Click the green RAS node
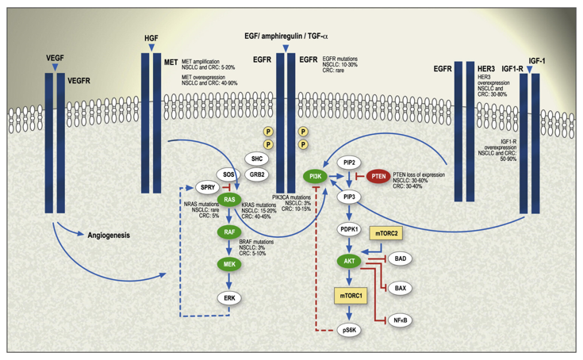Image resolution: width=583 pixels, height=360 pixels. pyautogui.click(x=228, y=200)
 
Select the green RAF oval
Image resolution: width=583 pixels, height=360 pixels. pyautogui.click(x=228, y=232)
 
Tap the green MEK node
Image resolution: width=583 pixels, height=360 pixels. pyautogui.click(x=228, y=265)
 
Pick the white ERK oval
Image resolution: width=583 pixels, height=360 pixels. pyautogui.click(x=228, y=298)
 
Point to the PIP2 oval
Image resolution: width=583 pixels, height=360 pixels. pyautogui.click(x=350, y=163)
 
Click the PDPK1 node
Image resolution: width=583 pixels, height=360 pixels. pyautogui.click(x=350, y=230)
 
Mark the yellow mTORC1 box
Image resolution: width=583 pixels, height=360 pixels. pyautogui.click(x=350, y=295)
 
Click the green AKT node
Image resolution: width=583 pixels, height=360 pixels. pyautogui.click(x=350, y=261)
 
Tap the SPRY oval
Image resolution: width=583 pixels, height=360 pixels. pyautogui.click(x=207, y=187)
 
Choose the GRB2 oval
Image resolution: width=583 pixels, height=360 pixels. pyautogui.click(x=256, y=174)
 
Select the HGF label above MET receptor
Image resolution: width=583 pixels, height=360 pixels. pyautogui.click(x=151, y=37)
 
